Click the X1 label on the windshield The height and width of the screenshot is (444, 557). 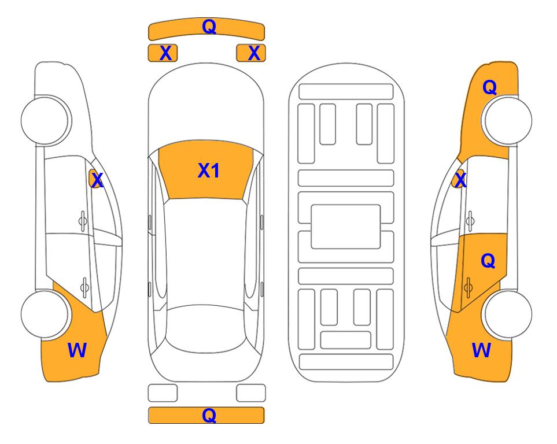[209, 171]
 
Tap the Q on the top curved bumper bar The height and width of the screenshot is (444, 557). [209, 27]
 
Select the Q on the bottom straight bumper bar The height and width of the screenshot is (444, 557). [209, 415]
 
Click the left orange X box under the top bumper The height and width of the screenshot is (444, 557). [163, 53]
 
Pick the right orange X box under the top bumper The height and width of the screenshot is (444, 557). [251, 53]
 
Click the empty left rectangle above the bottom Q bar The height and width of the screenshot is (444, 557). [163, 393]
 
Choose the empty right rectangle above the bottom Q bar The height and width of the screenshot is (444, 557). [251, 393]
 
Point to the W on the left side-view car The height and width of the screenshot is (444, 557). [77, 350]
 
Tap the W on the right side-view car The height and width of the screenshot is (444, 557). [481, 350]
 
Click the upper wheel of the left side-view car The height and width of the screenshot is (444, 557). [45, 120]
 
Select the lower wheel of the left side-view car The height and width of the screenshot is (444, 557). [45, 314]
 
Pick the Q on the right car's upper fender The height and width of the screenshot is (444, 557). [489, 87]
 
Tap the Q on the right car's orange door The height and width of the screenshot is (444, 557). [488, 261]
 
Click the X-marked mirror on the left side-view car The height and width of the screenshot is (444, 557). [95, 179]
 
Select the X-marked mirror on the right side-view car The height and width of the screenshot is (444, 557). [459, 179]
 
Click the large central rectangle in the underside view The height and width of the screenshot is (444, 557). [346, 227]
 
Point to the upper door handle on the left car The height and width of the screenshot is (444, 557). [83, 221]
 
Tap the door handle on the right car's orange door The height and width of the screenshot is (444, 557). [468, 287]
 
